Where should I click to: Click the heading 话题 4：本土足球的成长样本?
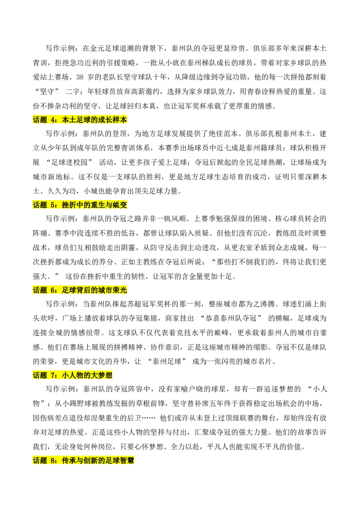80,120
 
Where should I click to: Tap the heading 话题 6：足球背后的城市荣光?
80,290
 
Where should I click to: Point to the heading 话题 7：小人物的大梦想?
73,375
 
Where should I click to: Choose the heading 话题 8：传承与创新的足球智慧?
84,460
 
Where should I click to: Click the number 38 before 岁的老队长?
80,77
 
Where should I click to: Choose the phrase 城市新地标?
51,177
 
